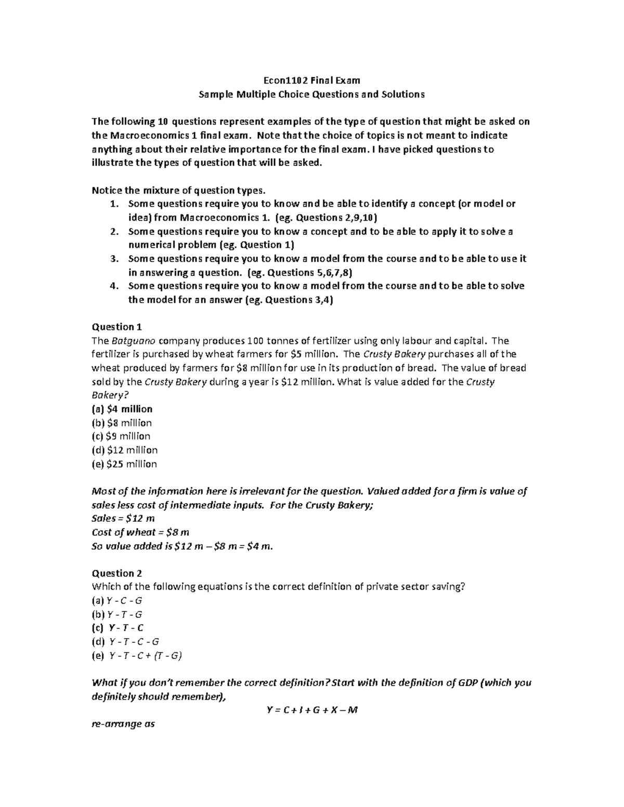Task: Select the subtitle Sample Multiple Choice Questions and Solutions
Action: tap(311, 95)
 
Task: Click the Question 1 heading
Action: tap(116, 327)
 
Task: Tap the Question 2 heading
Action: tap(116, 573)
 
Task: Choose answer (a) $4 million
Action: tap(122, 409)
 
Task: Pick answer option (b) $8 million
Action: tap(122, 423)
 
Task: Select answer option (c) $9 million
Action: tap(121, 436)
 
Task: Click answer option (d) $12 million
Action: tap(124, 450)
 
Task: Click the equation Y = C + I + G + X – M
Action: tap(311, 710)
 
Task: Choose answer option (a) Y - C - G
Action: tap(117, 601)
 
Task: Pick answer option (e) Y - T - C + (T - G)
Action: tap(136, 656)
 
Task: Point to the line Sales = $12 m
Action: tap(123, 519)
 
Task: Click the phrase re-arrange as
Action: tap(123, 724)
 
